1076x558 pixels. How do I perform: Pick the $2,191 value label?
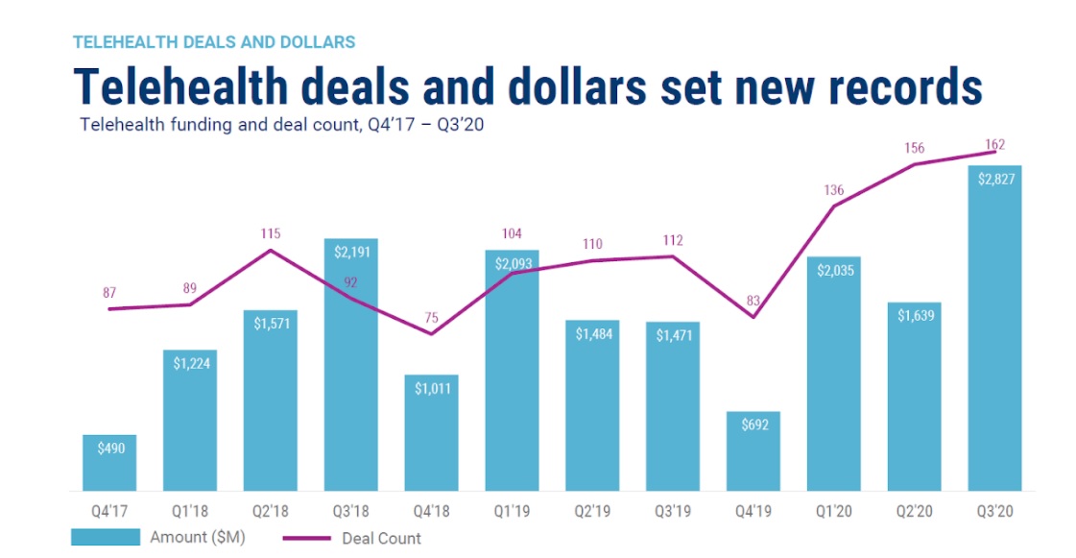point(350,253)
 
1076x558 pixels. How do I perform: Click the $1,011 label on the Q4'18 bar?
point(431,389)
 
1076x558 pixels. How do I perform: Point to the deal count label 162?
point(994,145)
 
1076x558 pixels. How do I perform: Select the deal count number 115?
point(271,233)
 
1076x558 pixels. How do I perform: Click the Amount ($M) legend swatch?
point(106,538)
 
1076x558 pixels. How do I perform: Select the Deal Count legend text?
point(382,539)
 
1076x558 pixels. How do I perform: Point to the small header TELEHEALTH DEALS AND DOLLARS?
point(214,42)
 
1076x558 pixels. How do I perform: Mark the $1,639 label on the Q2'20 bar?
point(914,316)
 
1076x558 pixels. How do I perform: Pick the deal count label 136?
point(833,190)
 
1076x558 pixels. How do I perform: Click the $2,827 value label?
point(994,179)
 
